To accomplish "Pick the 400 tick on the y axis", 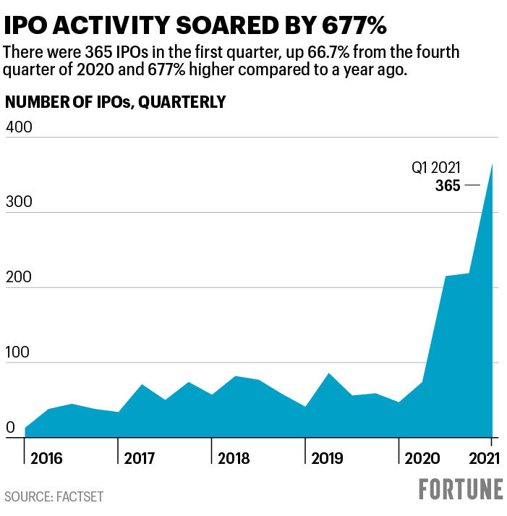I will (20, 127).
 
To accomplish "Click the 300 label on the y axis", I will (20, 202).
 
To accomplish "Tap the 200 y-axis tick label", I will (20, 277).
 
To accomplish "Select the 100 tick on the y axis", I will (20, 352).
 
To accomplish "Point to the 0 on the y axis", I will (10, 428).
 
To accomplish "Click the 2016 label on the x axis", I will (46, 459).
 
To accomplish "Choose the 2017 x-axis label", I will (140, 459).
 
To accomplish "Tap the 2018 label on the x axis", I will (233, 459).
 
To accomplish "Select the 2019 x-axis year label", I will (327, 459).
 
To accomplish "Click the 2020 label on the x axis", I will (421, 459).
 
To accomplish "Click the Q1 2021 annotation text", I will (436, 169).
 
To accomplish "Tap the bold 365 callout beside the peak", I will (448, 186).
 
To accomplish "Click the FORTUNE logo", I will (461, 489).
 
